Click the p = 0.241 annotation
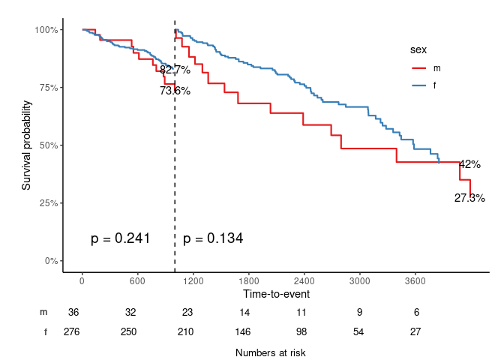point(121,238)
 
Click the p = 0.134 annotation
point(213,238)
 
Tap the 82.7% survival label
point(175,70)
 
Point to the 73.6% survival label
point(175,91)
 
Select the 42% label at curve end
point(469,164)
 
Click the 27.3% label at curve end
point(469,198)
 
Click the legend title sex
point(418,50)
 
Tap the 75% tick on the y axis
point(47,88)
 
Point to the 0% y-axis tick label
point(50,261)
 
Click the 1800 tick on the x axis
point(248,281)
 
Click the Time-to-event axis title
point(276,294)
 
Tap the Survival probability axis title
point(26,145)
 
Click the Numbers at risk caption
point(270,352)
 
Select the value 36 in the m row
point(73,312)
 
